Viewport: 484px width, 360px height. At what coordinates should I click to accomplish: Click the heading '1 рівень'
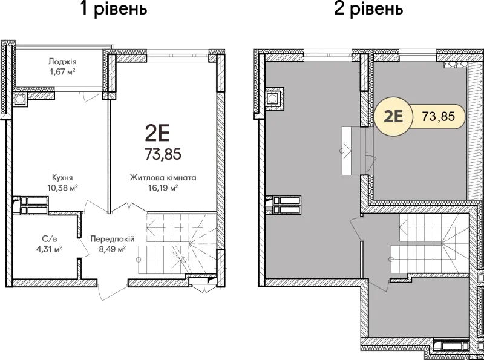click(114, 8)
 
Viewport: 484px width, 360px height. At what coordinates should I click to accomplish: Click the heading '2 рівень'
click(368, 8)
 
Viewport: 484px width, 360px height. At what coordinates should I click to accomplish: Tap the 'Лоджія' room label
click(62, 61)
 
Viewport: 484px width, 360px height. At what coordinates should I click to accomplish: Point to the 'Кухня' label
click(62, 178)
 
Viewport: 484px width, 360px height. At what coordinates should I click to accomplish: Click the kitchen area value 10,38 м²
click(62, 188)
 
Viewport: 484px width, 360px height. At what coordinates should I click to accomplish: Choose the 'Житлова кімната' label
click(163, 178)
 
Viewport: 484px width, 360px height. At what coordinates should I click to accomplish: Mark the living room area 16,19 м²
click(163, 188)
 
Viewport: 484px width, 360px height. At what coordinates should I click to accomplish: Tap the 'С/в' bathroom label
click(50, 238)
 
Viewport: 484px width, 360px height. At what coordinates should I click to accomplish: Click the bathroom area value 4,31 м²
click(50, 249)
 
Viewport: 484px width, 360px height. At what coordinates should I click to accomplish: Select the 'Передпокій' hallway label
click(113, 239)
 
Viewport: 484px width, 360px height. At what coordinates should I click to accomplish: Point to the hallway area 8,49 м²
click(113, 249)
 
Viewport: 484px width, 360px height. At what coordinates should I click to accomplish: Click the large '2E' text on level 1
click(157, 134)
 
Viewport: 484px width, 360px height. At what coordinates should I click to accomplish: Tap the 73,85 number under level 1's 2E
click(163, 154)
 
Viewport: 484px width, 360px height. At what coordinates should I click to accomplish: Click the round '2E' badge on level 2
click(393, 116)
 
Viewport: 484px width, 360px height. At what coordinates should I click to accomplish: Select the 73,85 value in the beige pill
click(438, 116)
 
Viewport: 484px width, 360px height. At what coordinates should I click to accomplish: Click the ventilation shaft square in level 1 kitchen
click(19, 99)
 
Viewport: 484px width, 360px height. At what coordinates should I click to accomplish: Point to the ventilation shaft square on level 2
click(272, 99)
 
